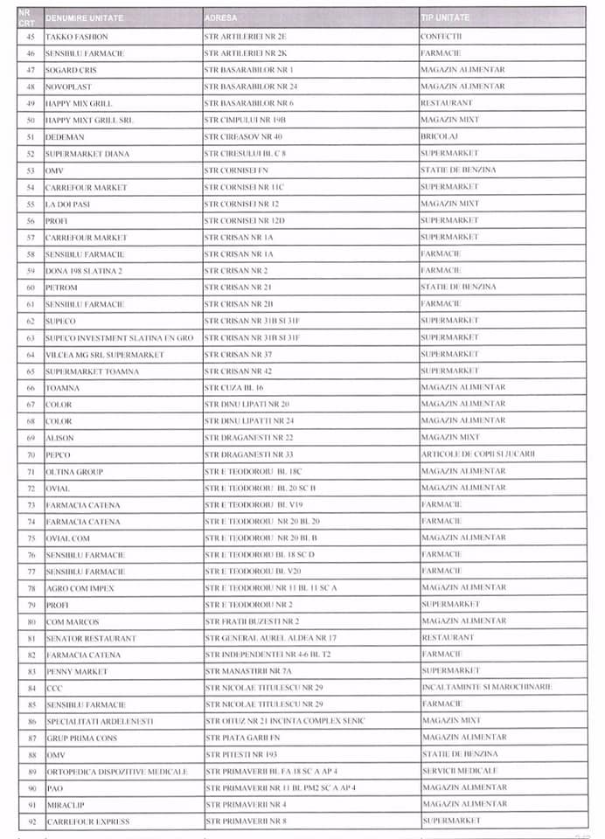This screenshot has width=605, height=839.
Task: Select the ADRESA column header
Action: point(219,17)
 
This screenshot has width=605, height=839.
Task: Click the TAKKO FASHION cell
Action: point(77,37)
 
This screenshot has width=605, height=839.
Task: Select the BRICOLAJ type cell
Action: point(439,136)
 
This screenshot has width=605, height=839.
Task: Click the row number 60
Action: point(31,288)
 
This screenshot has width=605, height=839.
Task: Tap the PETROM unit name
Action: point(61,288)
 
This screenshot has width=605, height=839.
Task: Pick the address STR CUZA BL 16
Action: point(233,387)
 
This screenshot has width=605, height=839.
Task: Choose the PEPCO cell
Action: point(58,454)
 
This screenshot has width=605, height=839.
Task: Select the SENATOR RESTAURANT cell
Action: point(91,638)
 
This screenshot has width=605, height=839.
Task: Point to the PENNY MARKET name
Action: point(77,671)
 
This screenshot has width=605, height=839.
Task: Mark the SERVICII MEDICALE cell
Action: point(459,771)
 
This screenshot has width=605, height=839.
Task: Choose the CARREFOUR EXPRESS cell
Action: point(87,822)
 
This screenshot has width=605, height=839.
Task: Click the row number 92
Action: point(31,822)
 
